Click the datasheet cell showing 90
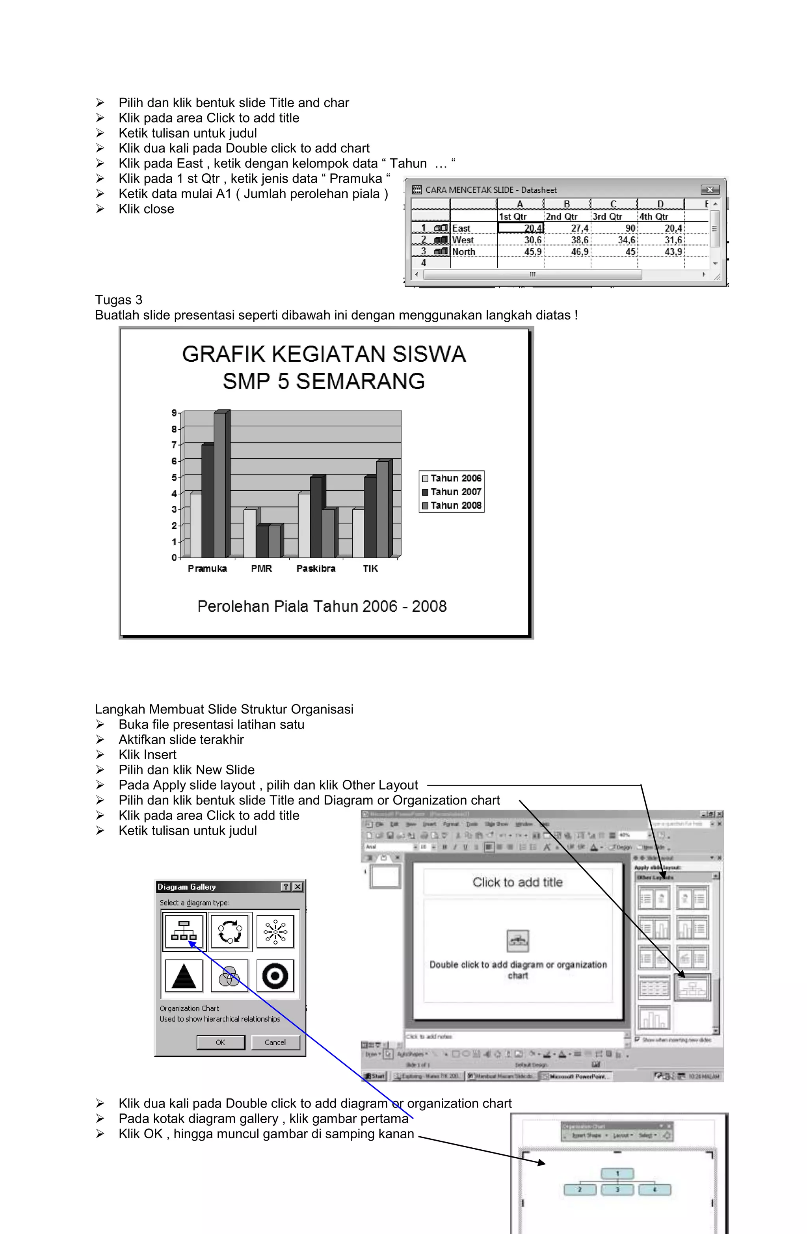click(x=615, y=228)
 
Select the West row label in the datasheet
click(x=463, y=240)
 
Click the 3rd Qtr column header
click(x=607, y=216)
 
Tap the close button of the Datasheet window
click(x=710, y=190)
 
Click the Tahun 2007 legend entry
click(x=452, y=492)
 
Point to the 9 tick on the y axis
click(x=174, y=413)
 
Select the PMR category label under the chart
click(x=261, y=568)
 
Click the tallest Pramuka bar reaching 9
click(x=220, y=485)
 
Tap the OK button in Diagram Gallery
click(x=220, y=1042)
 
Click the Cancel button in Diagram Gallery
click(x=275, y=1042)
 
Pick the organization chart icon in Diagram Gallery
click(x=184, y=931)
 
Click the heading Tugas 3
click(x=118, y=300)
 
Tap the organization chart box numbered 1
click(x=617, y=1173)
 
